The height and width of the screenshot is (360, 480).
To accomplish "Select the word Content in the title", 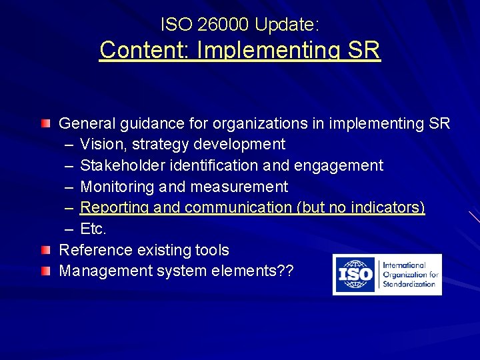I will click(x=136, y=50).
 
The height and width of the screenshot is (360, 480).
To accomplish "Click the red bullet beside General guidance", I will click(x=45, y=123).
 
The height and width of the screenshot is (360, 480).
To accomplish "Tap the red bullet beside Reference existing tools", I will click(x=45, y=250).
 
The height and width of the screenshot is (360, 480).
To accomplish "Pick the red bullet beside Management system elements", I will click(x=45, y=271).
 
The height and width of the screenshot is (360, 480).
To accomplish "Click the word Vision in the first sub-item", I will click(x=101, y=144).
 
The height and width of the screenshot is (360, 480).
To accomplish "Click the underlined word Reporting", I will click(x=115, y=208).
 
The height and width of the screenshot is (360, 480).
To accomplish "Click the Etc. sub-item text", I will click(x=93, y=229).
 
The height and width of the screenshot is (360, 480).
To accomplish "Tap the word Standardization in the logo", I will click(x=409, y=284).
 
